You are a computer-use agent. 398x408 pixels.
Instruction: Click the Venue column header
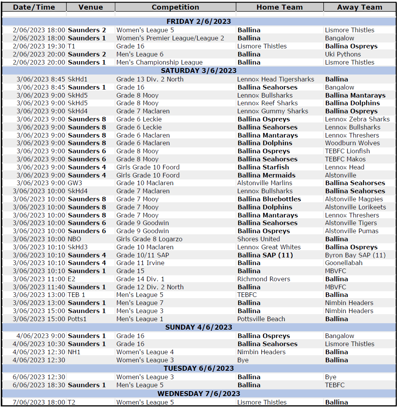click(90, 7)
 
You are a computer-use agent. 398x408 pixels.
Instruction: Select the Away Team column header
click(360, 7)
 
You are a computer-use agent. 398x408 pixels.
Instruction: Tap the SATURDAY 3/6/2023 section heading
click(199, 71)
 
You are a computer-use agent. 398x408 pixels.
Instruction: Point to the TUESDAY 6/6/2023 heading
click(199, 368)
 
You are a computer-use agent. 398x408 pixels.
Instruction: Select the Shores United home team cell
click(258, 239)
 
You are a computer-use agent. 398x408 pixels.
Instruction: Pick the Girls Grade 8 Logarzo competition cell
click(149, 239)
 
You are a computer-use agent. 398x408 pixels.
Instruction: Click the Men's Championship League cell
click(159, 62)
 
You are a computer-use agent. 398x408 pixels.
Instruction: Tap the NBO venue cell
click(75, 239)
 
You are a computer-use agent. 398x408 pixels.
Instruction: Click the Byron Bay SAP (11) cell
click(355, 255)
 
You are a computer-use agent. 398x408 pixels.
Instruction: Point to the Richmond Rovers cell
click(264, 279)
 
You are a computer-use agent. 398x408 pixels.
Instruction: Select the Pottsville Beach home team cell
click(261, 319)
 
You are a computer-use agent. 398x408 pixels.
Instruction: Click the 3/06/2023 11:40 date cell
click(39, 287)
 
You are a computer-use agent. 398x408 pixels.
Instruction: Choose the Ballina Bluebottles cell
click(269, 199)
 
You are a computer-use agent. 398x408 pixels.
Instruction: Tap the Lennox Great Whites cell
click(269, 247)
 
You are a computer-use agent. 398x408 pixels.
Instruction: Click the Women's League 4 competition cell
click(145, 352)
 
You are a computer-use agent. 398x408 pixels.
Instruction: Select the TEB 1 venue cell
click(76, 295)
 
